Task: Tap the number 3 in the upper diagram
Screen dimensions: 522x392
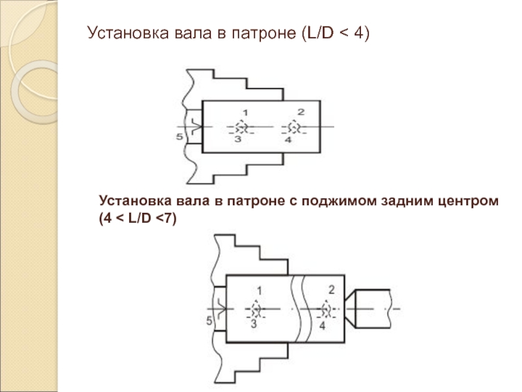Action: [x=238, y=139]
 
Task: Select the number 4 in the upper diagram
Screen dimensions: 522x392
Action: [x=288, y=139]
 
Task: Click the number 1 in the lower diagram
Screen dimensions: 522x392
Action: [x=259, y=289]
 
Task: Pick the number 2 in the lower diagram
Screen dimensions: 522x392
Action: [x=331, y=289]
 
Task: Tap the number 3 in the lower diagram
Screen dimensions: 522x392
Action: [x=254, y=323]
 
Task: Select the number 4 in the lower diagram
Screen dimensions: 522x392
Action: [x=321, y=323]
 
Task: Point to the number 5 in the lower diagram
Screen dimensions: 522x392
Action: [x=209, y=320]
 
